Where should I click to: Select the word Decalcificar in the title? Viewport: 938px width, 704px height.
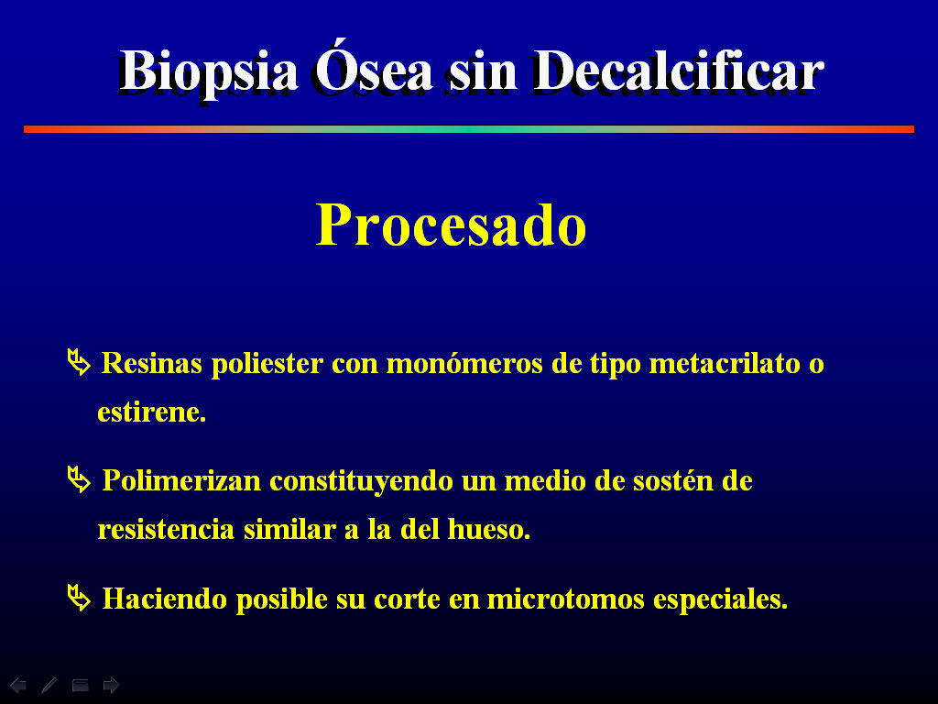coord(678,71)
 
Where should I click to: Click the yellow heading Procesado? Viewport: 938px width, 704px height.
coord(451,225)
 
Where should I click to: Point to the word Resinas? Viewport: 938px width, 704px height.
coord(152,363)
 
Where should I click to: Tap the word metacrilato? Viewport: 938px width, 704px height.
coord(725,363)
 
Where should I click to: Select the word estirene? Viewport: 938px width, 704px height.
coord(152,412)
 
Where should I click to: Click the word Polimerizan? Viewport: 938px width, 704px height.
coord(182,480)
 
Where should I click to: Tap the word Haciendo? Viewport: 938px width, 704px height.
coord(165,599)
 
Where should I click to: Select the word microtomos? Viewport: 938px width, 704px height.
coord(565,599)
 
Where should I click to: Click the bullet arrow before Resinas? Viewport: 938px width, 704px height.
coord(79,362)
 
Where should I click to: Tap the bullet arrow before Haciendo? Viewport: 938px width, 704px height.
coord(79,598)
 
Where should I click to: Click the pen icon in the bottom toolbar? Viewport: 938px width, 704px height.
coord(49,685)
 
